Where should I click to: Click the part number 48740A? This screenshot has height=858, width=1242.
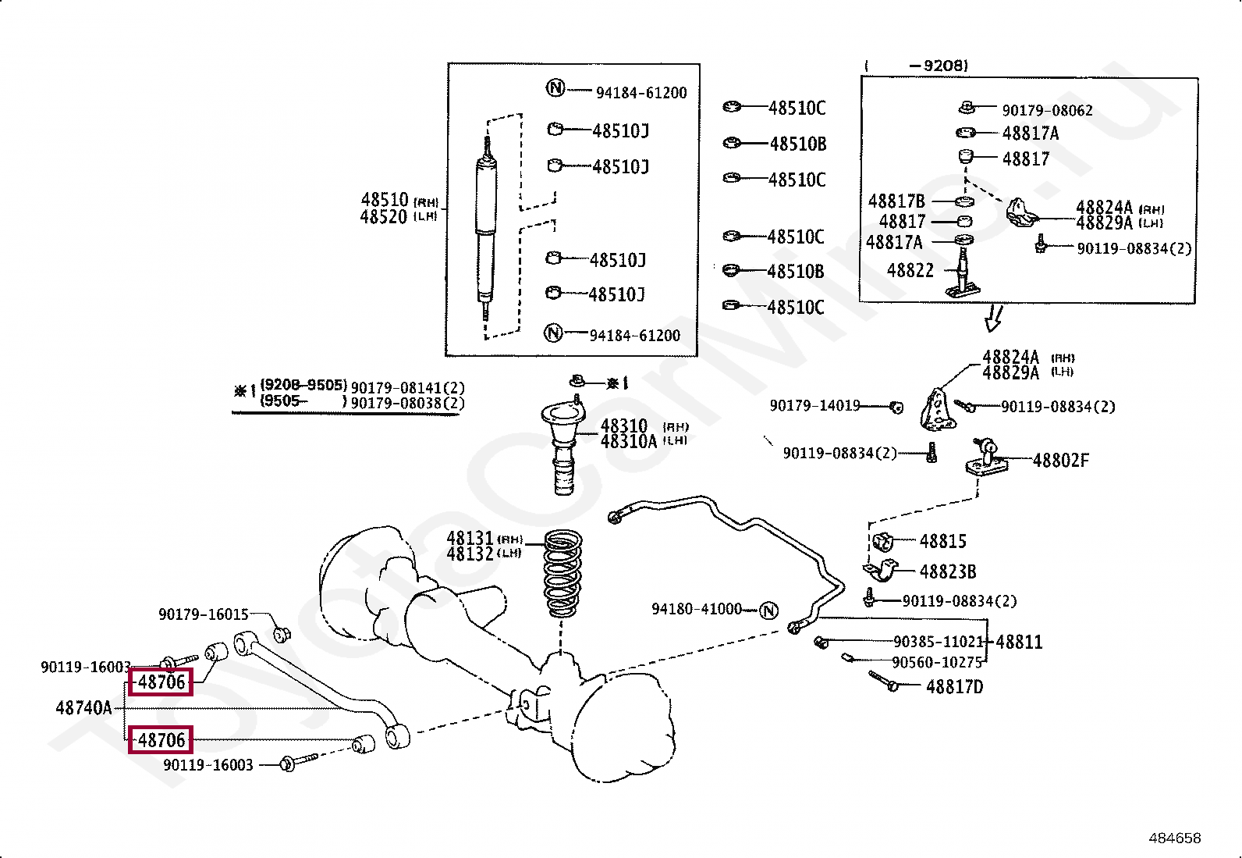pyautogui.click(x=83, y=709)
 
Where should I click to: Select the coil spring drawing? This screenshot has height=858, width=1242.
pyautogui.click(x=562, y=575)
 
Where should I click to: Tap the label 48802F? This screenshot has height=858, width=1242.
pyautogui.click(x=1060, y=461)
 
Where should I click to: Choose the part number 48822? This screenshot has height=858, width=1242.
pyautogui.click(x=910, y=271)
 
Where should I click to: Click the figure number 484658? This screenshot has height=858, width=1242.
pyautogui.click(x=1174, y=838)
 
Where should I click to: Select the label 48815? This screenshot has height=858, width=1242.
pyautogui.click(x=942, y=541)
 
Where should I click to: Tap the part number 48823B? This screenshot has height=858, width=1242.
pyautogui.click(x=947, y=572)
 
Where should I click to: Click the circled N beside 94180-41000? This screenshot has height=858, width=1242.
pyautogui.click(x=768, y=610)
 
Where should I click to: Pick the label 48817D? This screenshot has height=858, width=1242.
pyautogui.click(x=954, y=687)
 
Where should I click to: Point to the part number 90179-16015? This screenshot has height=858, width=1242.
pyautogui.click(x=203, y=615)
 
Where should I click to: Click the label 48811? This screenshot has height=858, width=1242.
pyautogui.click(x=1018, y=643)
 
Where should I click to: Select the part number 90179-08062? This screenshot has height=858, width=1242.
pyautogui.click(x=1047, y=111)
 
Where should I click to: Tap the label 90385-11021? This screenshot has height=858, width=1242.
pyautogui.click(x=938, y=643)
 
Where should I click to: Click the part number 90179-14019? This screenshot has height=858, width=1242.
pyautogui.click(x=814, y=406)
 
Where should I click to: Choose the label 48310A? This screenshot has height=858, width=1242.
pyautogui.click(x=629, y=442)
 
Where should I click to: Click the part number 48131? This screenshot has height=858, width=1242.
pyautogui.click(x=470, y=539)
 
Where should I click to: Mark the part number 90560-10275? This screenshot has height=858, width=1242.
pyautogui.click(x=936, y=663)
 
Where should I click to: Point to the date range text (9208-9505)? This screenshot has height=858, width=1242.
pyautogui.click(x=303, y=385)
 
